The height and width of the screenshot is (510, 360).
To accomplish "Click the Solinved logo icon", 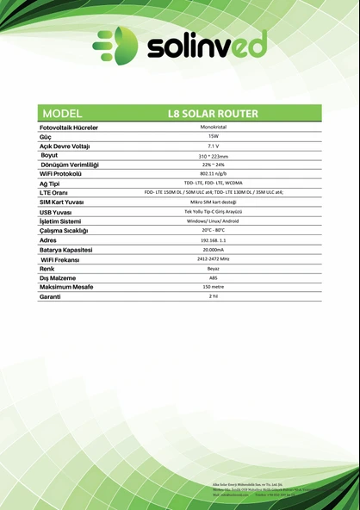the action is [x=115, y=46].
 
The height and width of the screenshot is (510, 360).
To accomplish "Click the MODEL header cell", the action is [x=62, y=113].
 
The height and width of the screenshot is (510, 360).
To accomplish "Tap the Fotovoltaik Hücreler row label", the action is [x=69, y=127].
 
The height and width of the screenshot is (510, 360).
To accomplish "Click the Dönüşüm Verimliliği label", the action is [x=70, y=165].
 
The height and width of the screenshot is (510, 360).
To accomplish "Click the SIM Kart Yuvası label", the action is [x=66, y=202].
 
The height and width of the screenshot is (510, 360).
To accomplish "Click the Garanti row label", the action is [x=50, y=296].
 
